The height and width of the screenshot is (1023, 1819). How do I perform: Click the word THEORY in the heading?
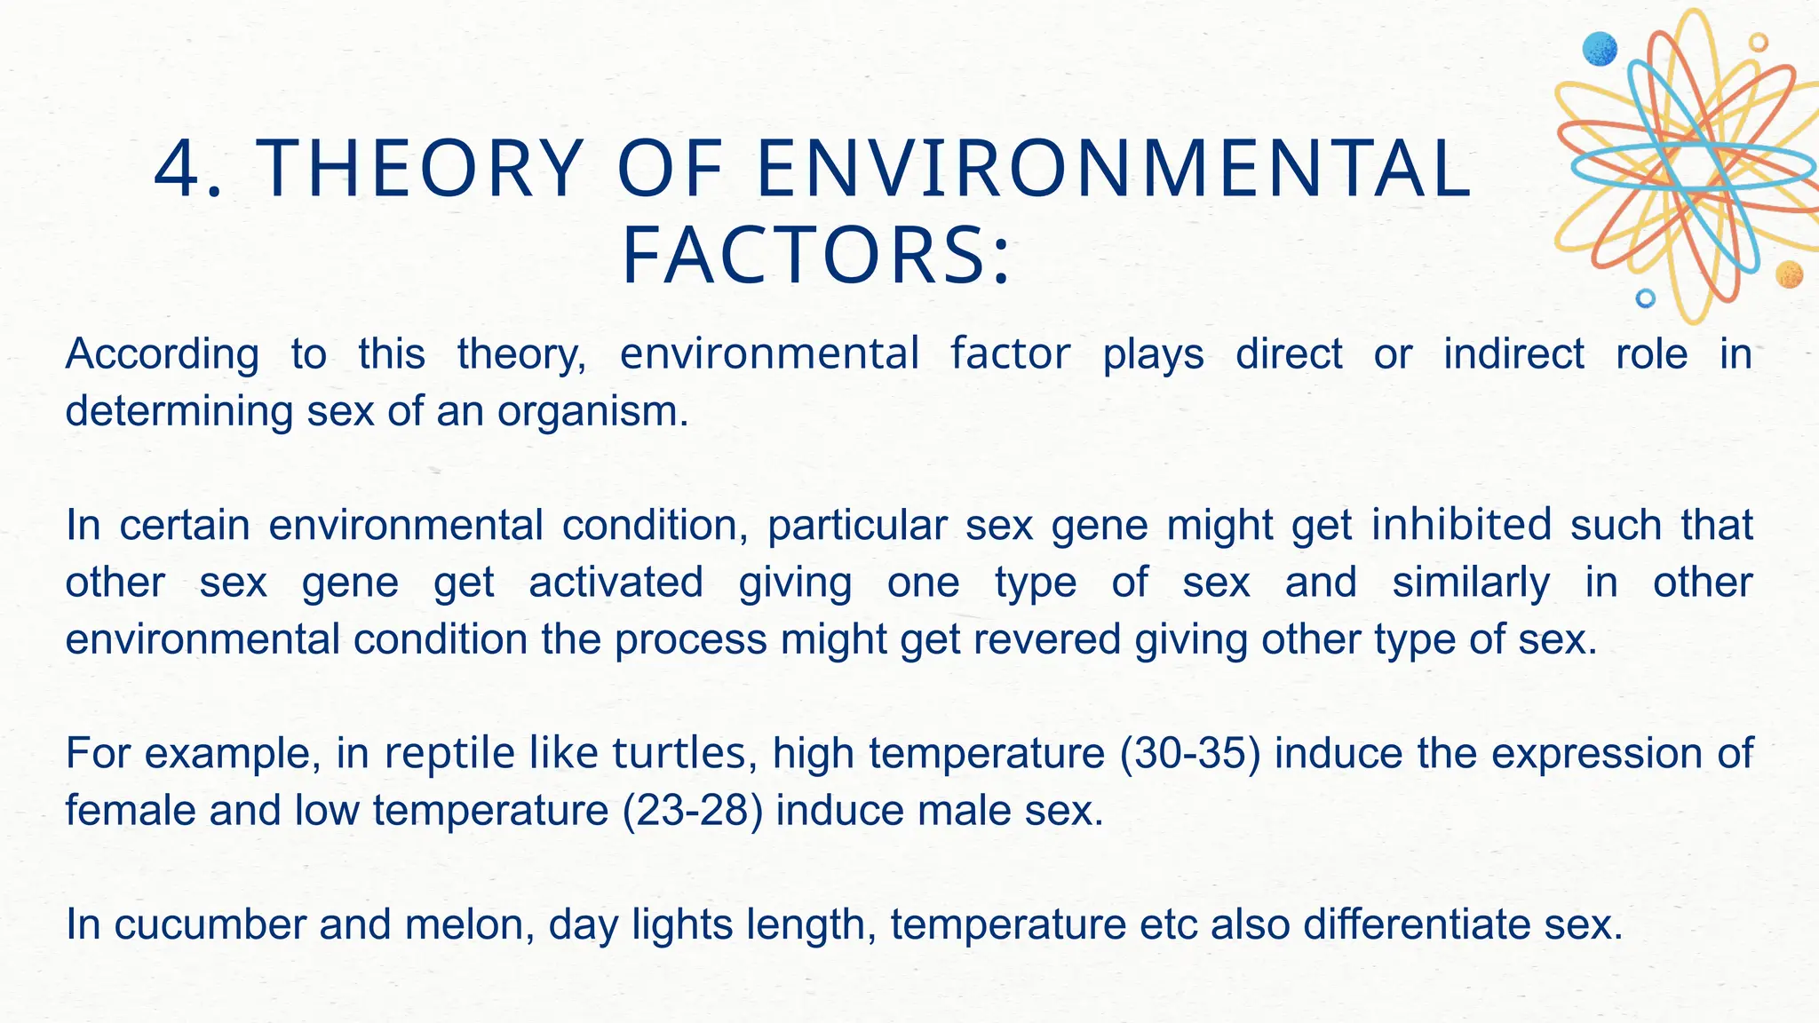[x=419, y=170]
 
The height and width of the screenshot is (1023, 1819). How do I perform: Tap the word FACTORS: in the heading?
[x=815, y=258]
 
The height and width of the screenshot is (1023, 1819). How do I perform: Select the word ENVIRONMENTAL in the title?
[x=1114, y=170]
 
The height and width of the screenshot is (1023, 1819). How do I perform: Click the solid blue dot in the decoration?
[x=1600, y=49]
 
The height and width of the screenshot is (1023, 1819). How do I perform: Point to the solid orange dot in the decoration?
[x=1789, y=274]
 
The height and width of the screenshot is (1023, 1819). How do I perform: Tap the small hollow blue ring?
[x=1645, y=298]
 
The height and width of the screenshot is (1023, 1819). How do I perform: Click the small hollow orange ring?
[x=1758, y=43]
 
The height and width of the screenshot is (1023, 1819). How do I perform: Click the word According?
[x=162, y=354]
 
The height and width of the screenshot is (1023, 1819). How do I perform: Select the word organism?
[x=592, y=411]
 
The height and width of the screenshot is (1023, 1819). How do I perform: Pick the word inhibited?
[x=1461, y=525]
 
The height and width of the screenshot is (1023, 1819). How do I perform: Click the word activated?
[x=616, y=583]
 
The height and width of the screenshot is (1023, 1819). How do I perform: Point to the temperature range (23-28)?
[x=693, y=811]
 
